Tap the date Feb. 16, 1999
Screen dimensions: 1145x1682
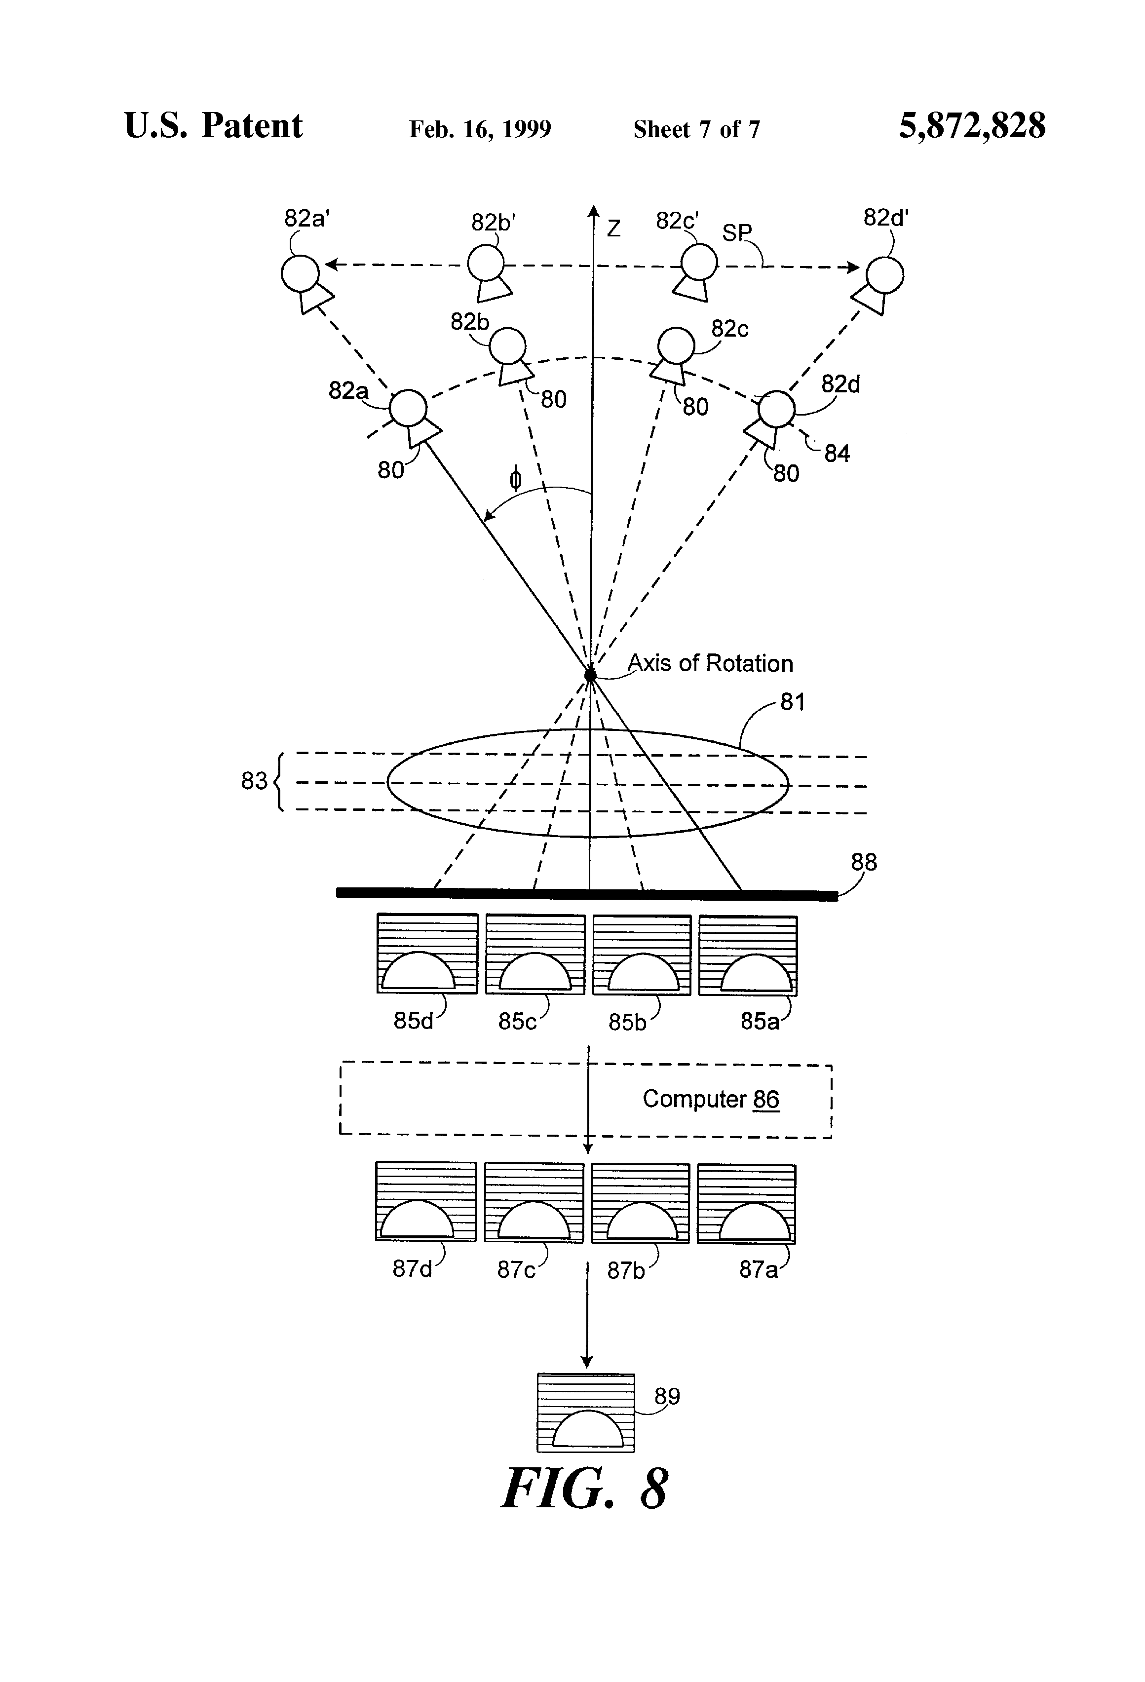(480, 129)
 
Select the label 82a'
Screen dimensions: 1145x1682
(307, 218)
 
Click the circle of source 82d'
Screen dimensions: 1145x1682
(884, 275)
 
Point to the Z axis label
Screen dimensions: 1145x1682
(614, 229)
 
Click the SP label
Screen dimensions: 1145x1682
(737, 232)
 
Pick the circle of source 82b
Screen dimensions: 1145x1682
(507, 346)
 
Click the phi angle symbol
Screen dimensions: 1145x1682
(515, 479)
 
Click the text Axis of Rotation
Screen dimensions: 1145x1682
(710, 663)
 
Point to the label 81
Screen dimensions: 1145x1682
(792, 701)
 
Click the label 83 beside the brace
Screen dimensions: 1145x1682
(254, 781)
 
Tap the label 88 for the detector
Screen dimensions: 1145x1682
(864, 862)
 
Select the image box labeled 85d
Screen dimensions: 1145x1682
(427, 953)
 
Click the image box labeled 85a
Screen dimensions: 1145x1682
(748, 956)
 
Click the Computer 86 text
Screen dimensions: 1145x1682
(711, 1099)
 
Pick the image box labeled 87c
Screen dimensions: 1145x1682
(534, 1202)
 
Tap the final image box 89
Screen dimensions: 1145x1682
(585, 1412)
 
